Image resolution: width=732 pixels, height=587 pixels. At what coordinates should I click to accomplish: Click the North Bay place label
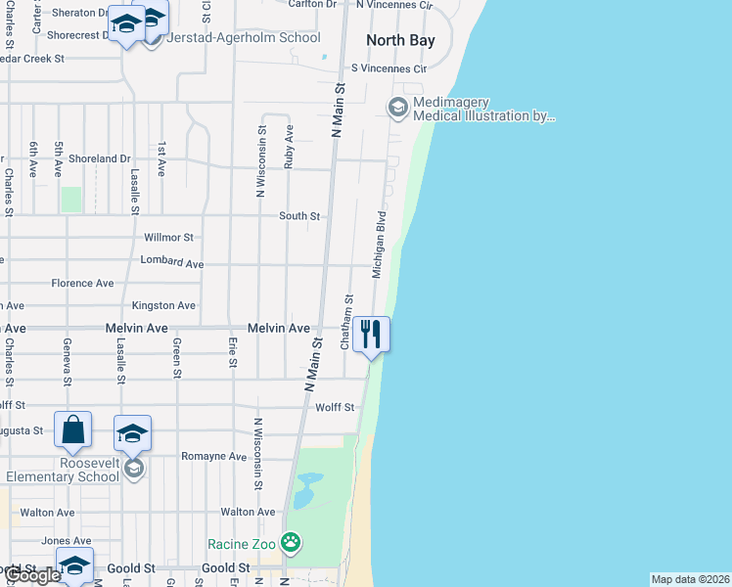tap(399, 40)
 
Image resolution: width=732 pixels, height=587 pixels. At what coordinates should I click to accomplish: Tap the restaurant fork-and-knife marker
tap(371, 334)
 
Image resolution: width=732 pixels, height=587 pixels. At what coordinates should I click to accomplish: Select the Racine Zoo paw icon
tap(291, 541)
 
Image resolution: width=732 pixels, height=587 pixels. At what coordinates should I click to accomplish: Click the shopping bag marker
tap(73, 429)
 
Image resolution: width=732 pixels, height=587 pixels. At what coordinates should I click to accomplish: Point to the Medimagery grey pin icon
tap(398, 107)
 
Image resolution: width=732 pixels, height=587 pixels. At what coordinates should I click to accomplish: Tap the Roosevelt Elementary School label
tap(62, 470)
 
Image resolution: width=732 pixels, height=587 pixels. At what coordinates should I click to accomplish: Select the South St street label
tap(299, 215)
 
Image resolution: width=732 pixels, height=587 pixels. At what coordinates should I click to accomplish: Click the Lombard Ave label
tap(171, 263)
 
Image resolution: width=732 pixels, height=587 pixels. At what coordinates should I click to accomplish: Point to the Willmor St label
tap(169, 238)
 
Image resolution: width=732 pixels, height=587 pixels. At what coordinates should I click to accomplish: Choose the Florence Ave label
tap(82, 284)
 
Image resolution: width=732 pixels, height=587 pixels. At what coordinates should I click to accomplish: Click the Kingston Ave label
tap(163, 306)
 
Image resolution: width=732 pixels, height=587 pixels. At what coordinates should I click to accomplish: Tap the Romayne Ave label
tap(213, 456)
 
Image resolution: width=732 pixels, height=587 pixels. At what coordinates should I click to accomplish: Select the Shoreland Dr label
tap(100, 158)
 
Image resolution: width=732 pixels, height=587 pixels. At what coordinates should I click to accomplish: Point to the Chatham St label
tap(345, 322)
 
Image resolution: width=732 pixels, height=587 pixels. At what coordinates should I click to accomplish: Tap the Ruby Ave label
tap(289, 147)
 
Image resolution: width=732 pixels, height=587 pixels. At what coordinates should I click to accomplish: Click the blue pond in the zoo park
tap(306, 488)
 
